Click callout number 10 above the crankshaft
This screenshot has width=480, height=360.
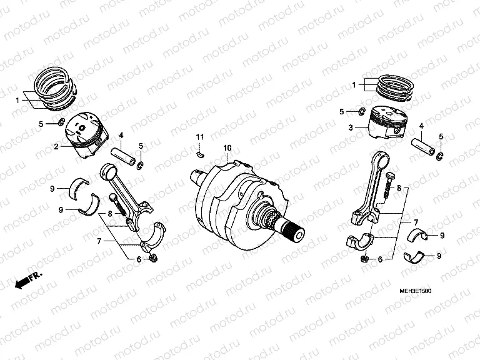(x=227, y=147)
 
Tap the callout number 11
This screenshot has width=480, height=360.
(x=200, y=136)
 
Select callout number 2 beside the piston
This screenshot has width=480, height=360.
(x=56, y=147)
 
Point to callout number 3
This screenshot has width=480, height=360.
(x=351, y=127)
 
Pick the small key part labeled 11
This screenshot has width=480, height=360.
(x=199, y=149)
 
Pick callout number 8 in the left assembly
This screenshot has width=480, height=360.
(x=109, y=213)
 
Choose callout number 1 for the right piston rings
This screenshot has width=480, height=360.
(x=353, y=84)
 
